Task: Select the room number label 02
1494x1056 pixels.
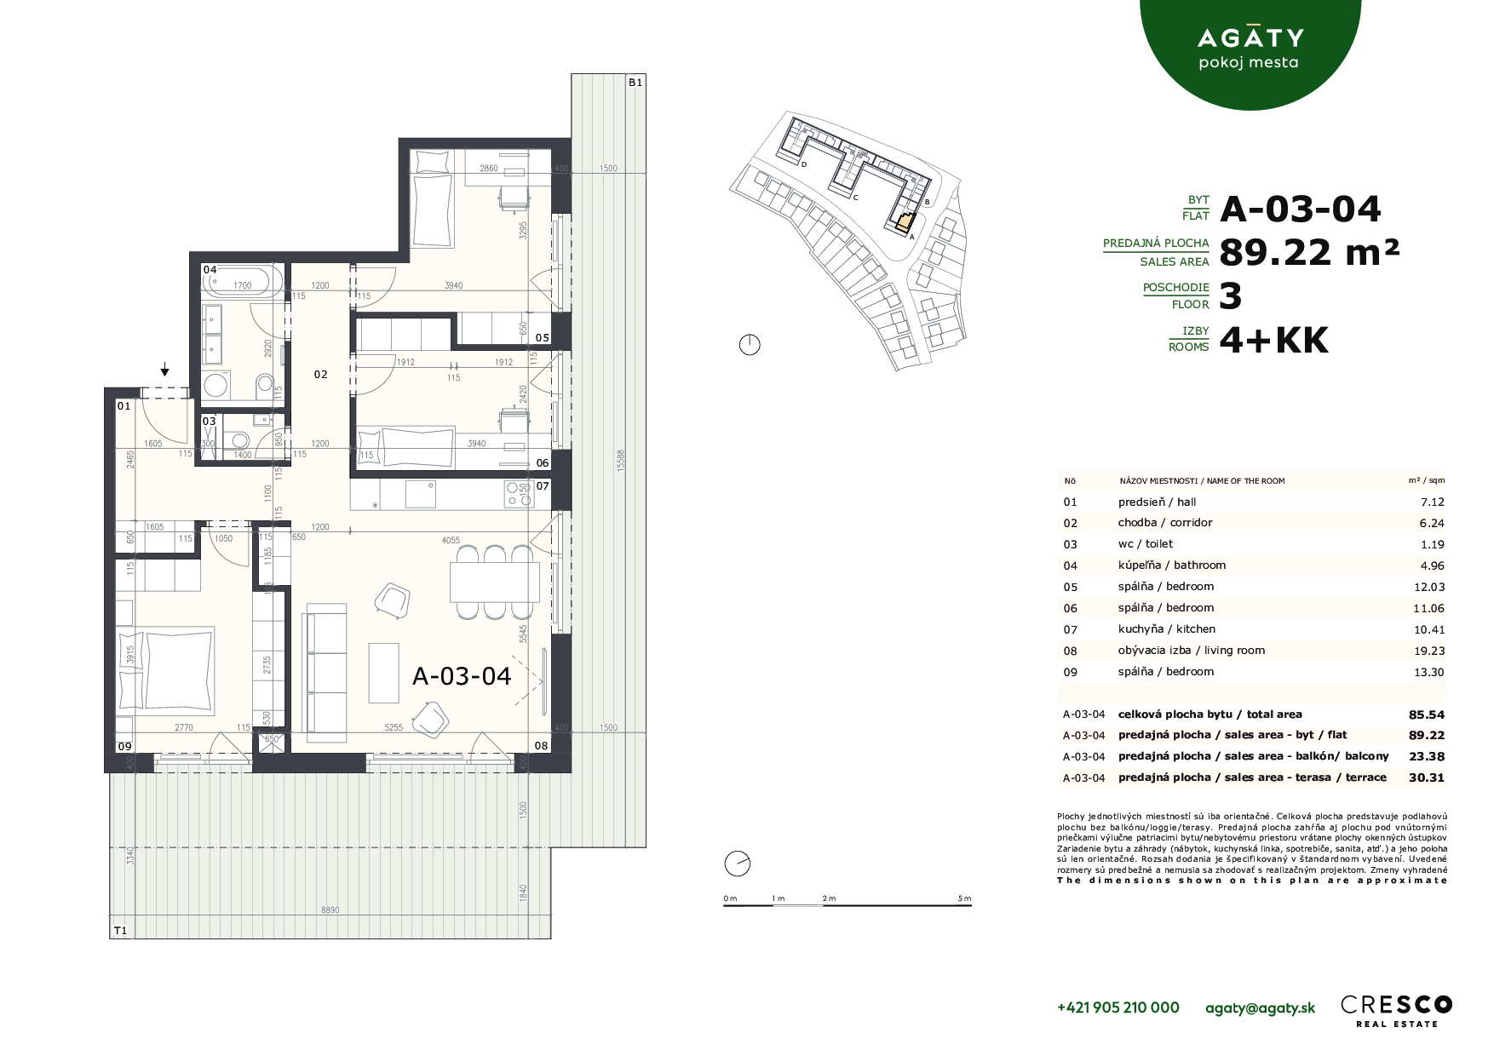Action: pyautogui.click(x=320, y=375)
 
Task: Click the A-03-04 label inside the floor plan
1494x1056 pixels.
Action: pyautogui.click(x=462, y=676)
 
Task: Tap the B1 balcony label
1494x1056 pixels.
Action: pyautogui.click(x=635, y=83)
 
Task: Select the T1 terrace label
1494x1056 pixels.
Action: pyautogui.click(x=120, y=931)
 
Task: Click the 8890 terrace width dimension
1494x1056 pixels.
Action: pyautogui.click(x=330, y=910)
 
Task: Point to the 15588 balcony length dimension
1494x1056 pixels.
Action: pyautogui.click(x=621, y=461)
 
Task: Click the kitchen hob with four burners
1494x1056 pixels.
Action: pyautogui.click(x=517, y=494)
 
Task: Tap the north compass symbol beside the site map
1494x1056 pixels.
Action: pyautogui.click(x=750, y=345)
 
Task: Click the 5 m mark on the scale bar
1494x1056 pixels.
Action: pyautogui.click(x=964, y=898)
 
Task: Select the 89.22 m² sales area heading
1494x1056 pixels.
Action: pyautogui.click(x=1309, y=252)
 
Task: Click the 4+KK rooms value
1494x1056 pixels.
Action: pyautogui.click(x=1273, y=341)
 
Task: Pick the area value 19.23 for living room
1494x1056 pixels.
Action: pyautogui.click(x=1428, y=651)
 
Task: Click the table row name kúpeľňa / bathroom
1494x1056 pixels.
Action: pyautogui.click(x=1171, y=565)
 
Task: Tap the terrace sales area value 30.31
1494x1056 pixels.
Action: pyautogui.click(x=1427, y=778)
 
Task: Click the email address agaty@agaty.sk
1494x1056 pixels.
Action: pyautogui.click(x=1260, y=1007)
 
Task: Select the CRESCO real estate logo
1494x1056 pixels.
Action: pyautogui.click(x=1396, y=1009)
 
